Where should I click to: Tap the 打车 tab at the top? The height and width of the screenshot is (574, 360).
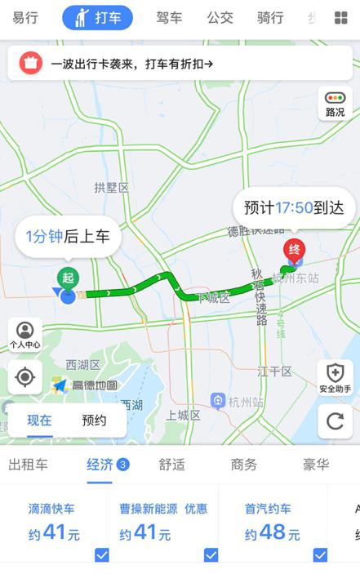(x=97, y=17)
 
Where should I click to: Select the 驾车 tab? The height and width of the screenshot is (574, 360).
(x=169, y=17)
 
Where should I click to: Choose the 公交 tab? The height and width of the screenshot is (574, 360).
(x=220, y=17)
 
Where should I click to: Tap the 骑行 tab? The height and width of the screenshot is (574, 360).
(x=270, y=17)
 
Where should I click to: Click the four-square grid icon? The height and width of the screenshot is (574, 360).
(x=340, y=18)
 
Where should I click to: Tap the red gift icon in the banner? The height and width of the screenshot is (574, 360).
(x=29, y=62)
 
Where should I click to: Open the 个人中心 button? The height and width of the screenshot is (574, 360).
(x=25, y=335)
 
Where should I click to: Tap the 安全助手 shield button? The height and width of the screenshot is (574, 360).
(x=335, y=377)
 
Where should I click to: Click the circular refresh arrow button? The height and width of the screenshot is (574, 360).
(x=335, y=420)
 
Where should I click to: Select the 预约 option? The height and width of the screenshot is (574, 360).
(x=94, y=420)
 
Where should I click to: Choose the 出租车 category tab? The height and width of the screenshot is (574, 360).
(x=28, y=465)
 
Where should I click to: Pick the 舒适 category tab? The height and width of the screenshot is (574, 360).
(x=171, y=465)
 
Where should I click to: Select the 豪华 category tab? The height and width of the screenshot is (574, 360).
(x=316, y=465)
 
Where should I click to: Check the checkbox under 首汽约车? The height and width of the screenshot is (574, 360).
(x=320, y=555)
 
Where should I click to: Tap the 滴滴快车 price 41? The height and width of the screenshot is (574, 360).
(x=55, y=534)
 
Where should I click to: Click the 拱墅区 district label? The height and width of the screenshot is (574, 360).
(x=112, y=188)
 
